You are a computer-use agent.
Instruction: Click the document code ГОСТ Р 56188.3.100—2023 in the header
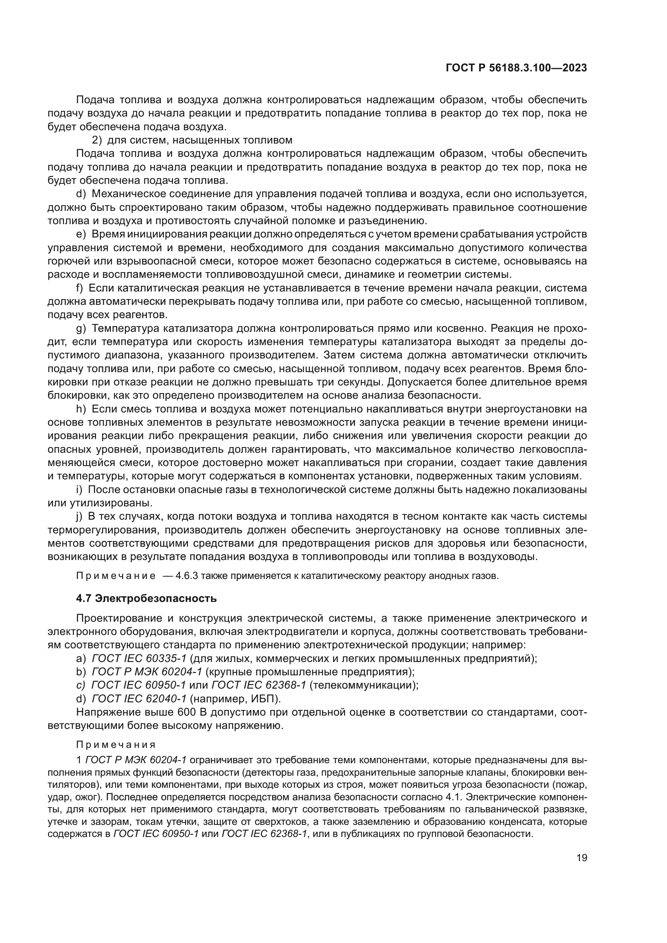[516, 68]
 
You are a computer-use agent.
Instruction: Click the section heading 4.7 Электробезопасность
[146, 598]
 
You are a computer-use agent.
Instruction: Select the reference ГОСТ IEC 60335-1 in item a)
[139, 658]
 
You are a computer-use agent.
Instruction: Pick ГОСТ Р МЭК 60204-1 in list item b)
[147, 672]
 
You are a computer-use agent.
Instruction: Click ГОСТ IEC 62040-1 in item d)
[139, 699]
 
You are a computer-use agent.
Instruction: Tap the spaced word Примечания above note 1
[116, 745]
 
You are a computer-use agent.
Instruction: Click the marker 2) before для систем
[96, 140]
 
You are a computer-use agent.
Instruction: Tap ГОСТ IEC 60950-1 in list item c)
[138, 685]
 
